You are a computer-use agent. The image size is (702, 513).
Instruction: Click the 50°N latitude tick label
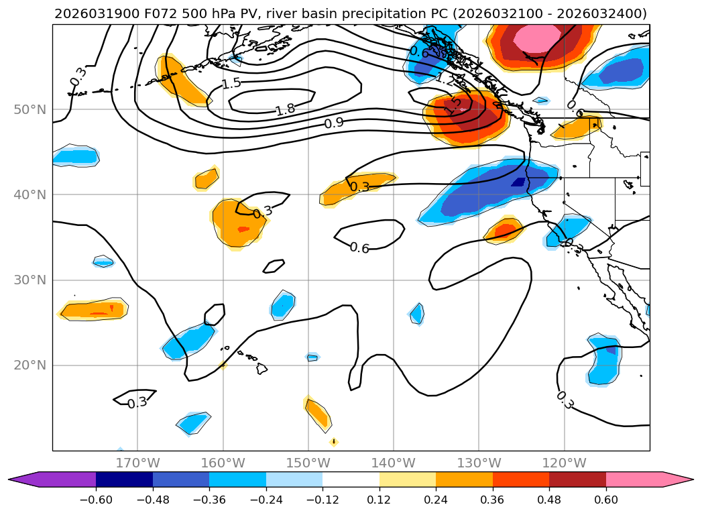(x=30, y=110)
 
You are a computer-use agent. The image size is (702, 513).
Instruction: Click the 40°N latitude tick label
(x=30, y=195)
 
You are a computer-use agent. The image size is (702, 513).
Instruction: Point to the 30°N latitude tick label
(x=30, y=280)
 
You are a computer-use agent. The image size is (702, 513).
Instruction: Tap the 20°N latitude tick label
(x=30, y=365)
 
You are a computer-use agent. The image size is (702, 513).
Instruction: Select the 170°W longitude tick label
(x=137, y=463)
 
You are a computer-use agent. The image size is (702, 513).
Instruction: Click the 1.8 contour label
(x=285, y=110)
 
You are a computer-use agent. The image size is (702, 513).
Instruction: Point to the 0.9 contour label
(x=334, y=123)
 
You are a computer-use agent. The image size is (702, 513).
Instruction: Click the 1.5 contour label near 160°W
(x=231, y=83)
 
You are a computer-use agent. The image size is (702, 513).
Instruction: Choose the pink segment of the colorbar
(x=634, y=479)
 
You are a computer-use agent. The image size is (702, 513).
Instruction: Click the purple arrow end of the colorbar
(x=27, y=479)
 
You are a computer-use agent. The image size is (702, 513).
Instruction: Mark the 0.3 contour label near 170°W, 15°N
(x=137, y=403)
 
